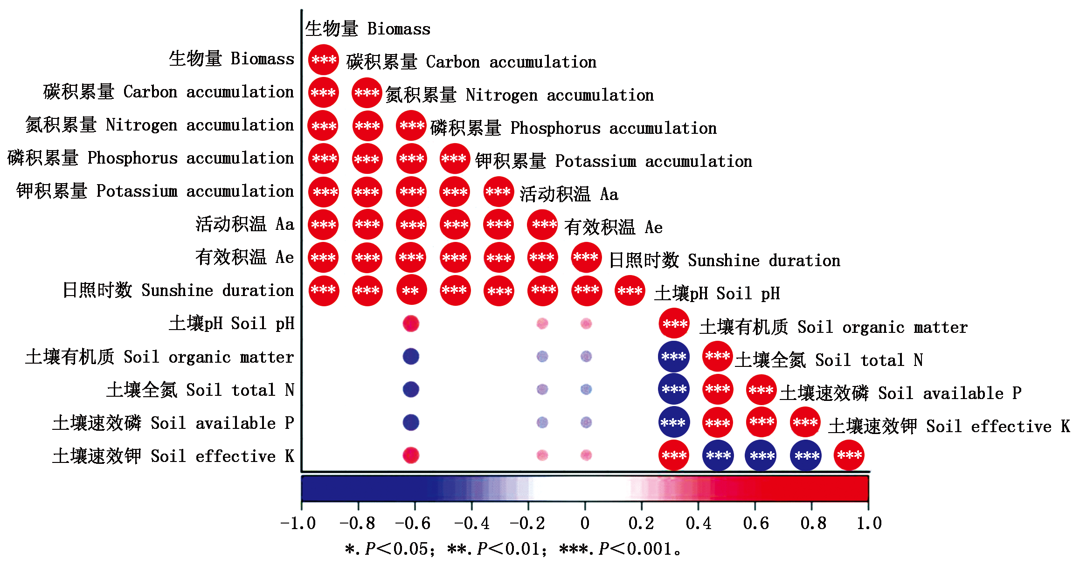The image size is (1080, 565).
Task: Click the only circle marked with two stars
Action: [411, 290]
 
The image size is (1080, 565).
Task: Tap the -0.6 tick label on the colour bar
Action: [413, 523]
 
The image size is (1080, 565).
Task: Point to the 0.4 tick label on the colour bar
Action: [699, 523]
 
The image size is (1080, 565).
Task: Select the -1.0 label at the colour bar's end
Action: [298, 523]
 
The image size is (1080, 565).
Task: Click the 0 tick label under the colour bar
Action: [585, 523]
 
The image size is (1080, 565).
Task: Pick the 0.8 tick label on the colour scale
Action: [813, 523]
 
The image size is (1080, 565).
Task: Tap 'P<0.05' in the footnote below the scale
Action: [396, 549]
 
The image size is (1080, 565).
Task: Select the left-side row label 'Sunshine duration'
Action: [178, 290]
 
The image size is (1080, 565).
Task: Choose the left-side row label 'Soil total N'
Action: [201, 390]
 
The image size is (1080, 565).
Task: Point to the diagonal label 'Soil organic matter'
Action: [834, 327]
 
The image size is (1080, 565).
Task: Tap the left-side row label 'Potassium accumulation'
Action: [155, 191]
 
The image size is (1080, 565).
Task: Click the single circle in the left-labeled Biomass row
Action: [324, 60]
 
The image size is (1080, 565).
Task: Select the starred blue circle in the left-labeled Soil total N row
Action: [674, 389]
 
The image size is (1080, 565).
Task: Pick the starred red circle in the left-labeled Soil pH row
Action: [674, 324]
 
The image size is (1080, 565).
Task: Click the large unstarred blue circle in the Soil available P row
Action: [411, 422]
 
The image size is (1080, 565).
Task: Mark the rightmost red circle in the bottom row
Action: [849, 455]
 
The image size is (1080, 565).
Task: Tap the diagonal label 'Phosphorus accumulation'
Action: [574, 128]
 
